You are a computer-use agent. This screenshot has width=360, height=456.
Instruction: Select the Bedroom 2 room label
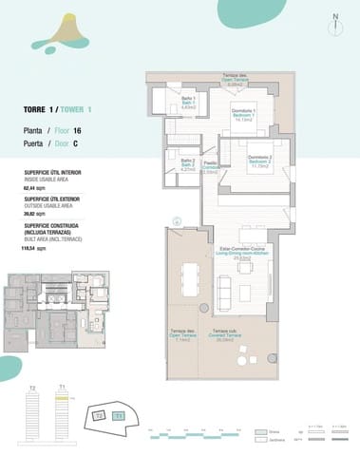pyautogui.click(x=260, y=160)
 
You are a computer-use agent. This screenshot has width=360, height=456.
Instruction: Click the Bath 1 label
pyautogui.click(x=188, y=102)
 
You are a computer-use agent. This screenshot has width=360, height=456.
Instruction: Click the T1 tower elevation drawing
pyautogui.click(x=62, y=418)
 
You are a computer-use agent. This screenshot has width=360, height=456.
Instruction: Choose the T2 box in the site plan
pyautogui.click(x=99, y=415)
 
